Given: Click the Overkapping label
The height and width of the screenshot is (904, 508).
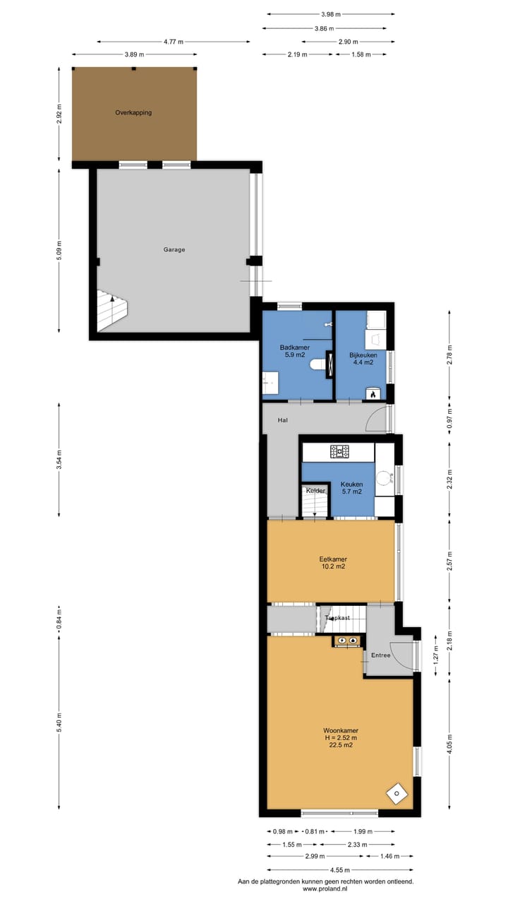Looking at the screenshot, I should pyautogui.click(x=134, y=112).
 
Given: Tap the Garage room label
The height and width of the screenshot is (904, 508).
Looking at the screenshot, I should pyautogui.click(x=174, y=249).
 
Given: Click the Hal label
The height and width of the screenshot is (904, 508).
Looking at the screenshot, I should pyautogui.click(x=283, y=420).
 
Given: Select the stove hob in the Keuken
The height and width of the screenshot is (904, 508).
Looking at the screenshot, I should pyautogui.click(x=342, y=450).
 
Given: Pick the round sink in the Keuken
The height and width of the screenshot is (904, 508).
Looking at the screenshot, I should pyautogui.click(x=385, y=477).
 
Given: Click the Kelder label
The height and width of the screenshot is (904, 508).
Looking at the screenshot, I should pyautogui.click(x=315, y=490).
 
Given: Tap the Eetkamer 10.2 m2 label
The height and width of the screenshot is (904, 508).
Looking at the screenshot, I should pyautogui.click(x=332, y=562).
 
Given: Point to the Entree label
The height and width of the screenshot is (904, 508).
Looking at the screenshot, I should pyautogui.click(x=381, y=655).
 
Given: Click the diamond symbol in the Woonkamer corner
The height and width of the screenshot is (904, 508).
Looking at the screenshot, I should pyautogui.click(x=397, y=793).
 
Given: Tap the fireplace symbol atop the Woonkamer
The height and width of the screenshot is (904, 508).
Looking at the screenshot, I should pyautogui.click(x=347, y=641).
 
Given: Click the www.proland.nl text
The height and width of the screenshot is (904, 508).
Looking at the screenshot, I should pyautogui.click(x=325, y=889).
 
